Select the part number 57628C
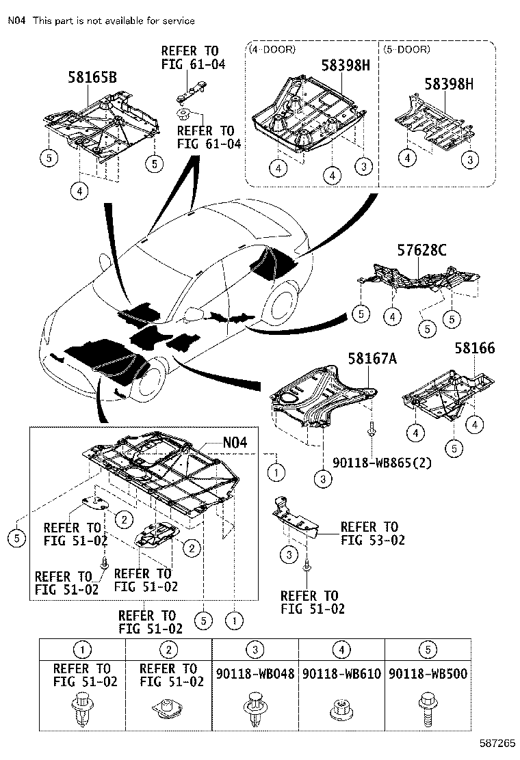421,251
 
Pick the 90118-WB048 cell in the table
255,674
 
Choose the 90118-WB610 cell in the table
341,674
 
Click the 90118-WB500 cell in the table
428,674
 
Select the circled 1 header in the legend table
83,650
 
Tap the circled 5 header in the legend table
428,650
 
